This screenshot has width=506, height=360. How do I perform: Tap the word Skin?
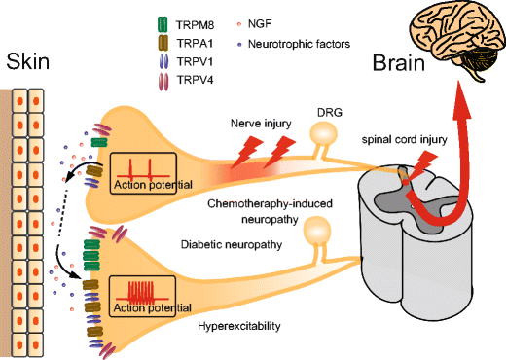pyautogui.click(x=26, y=63)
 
